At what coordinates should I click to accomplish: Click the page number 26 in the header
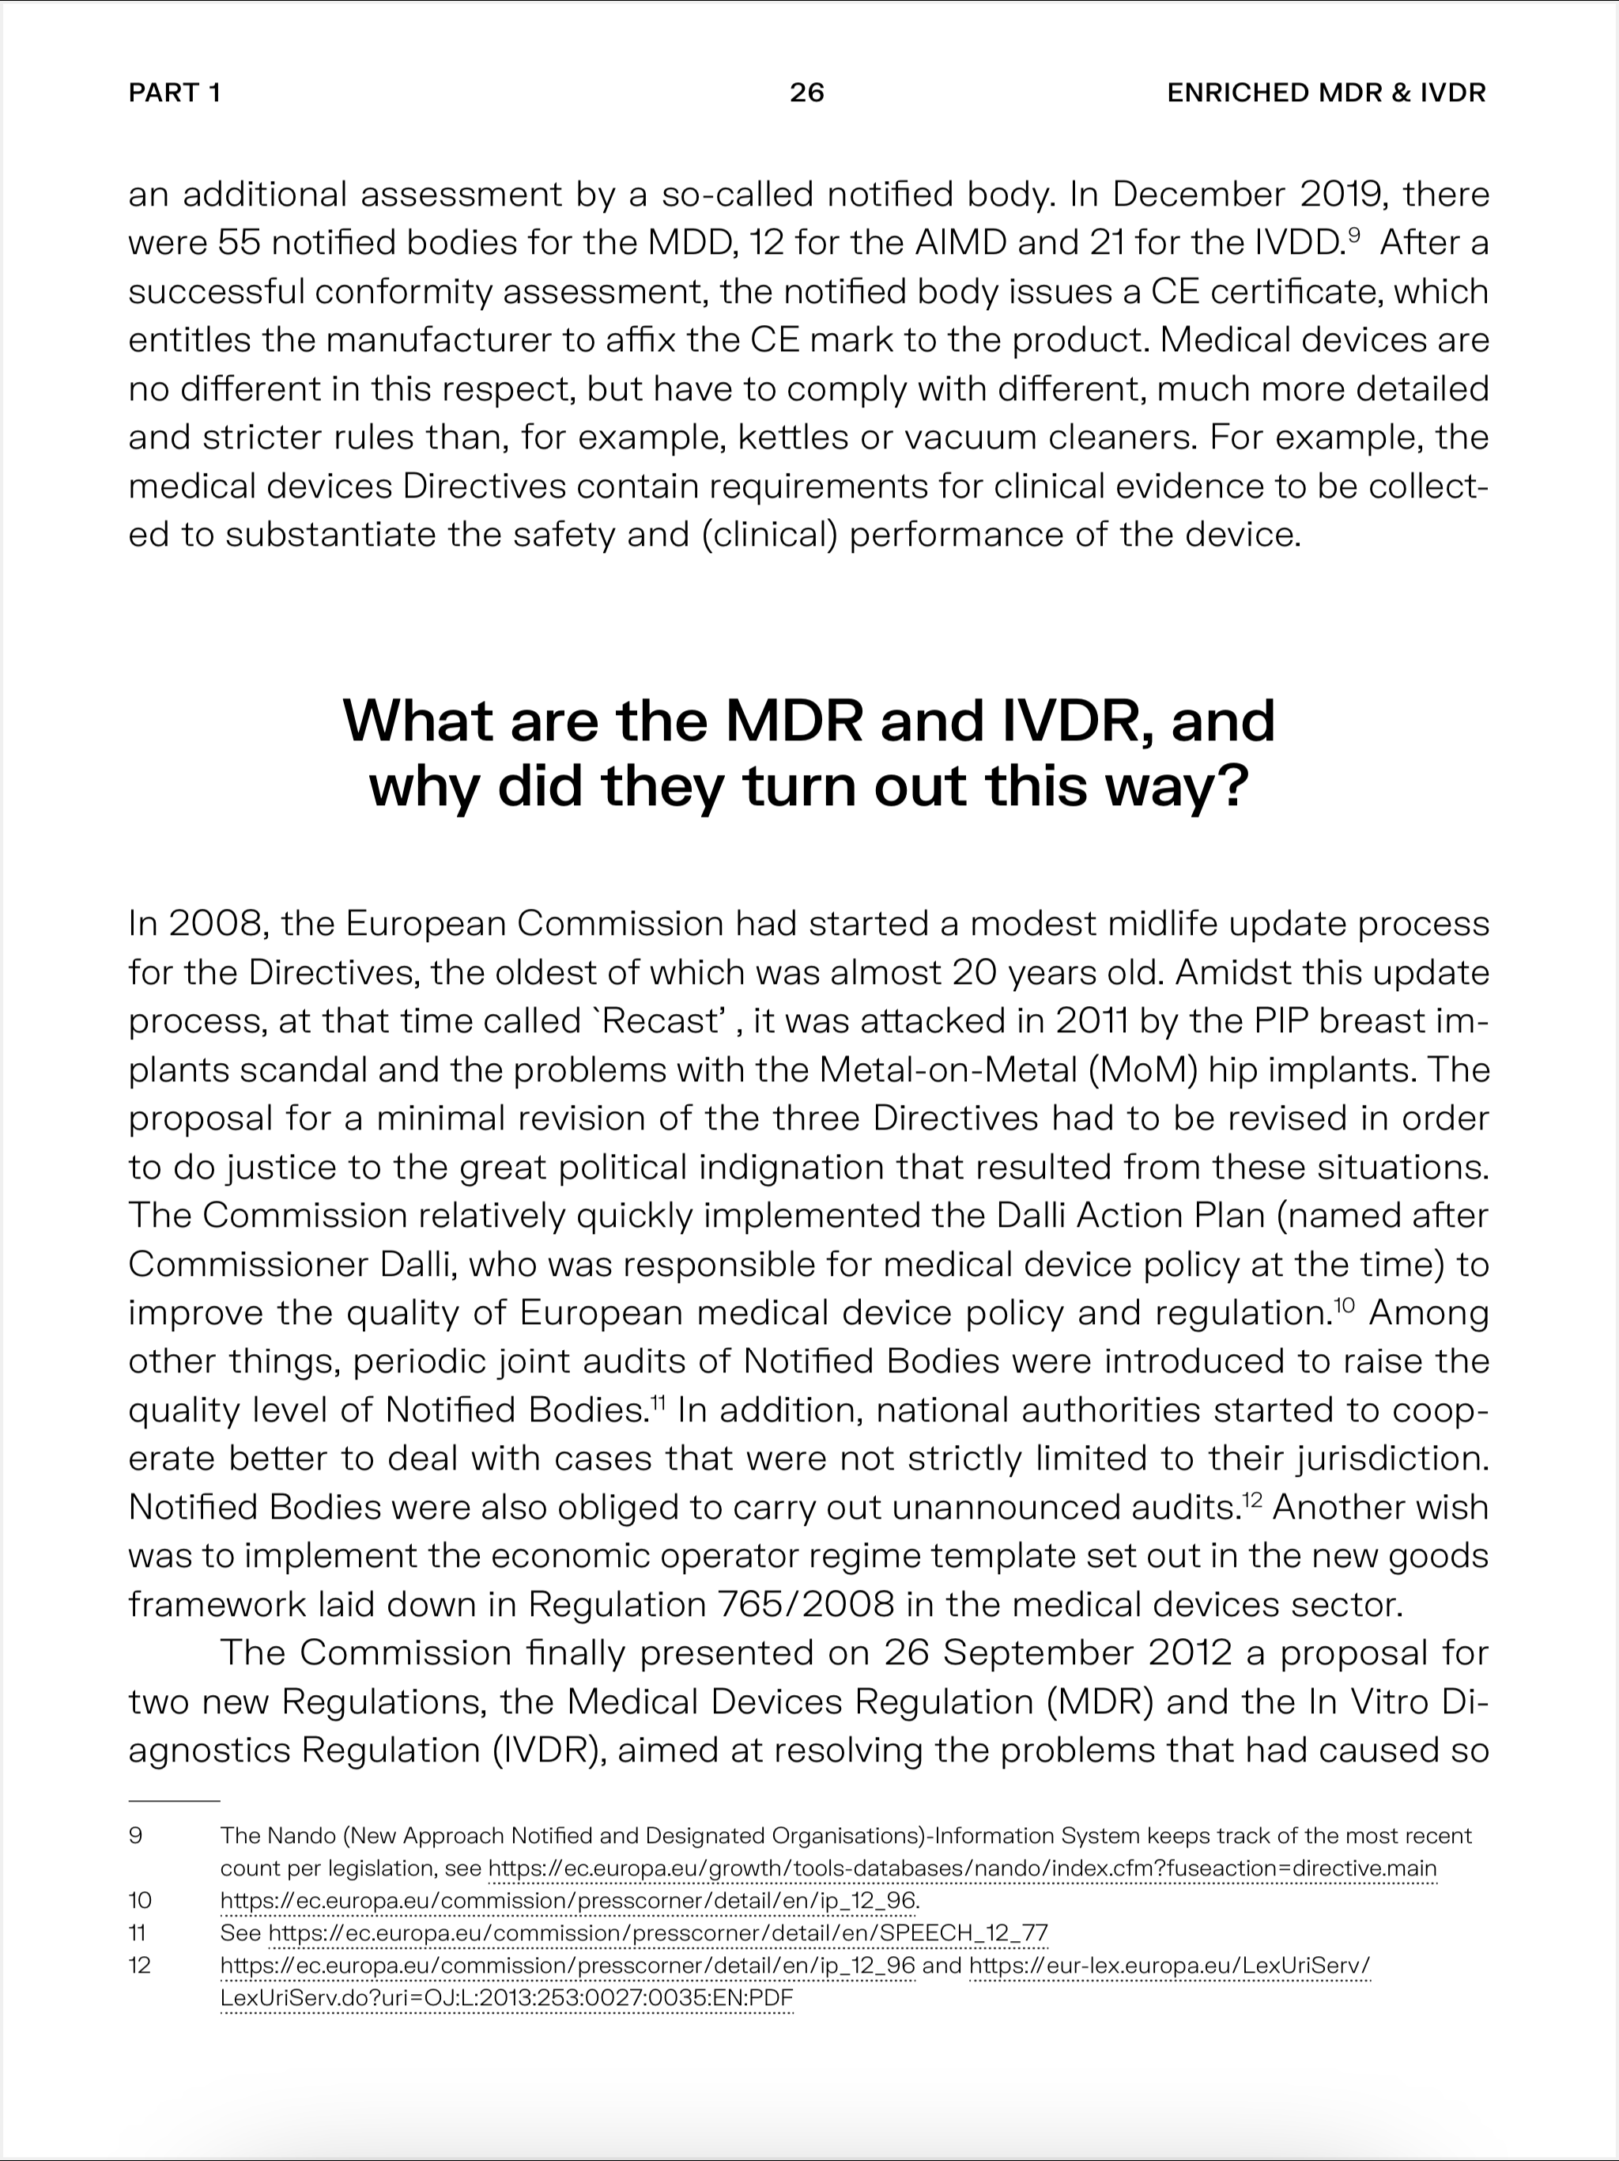[806, 93]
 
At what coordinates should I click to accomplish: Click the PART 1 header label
[175, 93]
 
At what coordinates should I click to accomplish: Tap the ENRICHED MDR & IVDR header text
[1326, 93]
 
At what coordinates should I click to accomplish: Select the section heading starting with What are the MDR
[809, 753]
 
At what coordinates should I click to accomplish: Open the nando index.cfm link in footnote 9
[962, 1868]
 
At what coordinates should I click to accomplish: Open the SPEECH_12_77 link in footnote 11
[657, 1932]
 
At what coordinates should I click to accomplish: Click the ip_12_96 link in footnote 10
[568, 1900]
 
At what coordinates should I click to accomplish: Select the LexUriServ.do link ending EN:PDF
[507, 1998]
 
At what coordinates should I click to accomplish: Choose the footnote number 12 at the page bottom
[140, 1965]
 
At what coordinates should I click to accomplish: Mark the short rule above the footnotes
[174, 1800]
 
